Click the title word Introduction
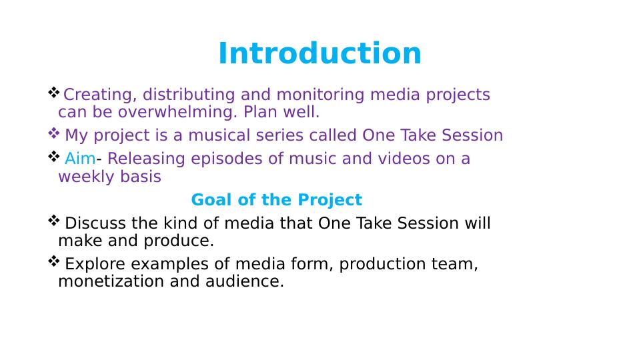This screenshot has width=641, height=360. [319, 53]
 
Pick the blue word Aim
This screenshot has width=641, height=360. [80, 159]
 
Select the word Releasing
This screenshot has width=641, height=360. [146, 159]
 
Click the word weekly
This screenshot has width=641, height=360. [85, 177]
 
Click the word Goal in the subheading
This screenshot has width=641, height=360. [212, 200]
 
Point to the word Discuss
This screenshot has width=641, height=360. [95, 223]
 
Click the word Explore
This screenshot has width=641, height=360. [95, 264]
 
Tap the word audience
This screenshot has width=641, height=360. [245, 281]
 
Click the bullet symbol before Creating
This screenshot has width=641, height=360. [54, 93]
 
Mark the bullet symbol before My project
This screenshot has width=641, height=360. [54, 133]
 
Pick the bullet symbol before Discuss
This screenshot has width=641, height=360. [54, 221]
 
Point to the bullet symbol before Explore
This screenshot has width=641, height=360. [54, 261]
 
